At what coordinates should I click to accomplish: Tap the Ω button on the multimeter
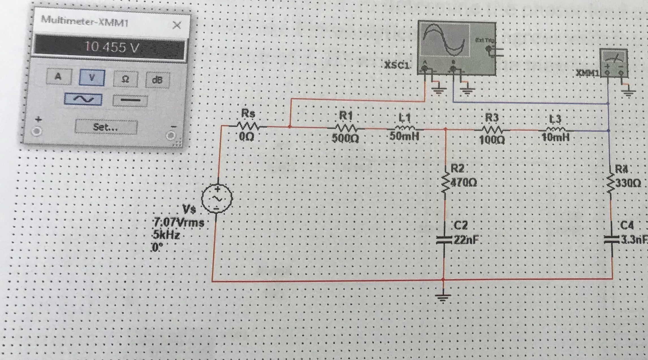pyautogui.click(x=125, y=79)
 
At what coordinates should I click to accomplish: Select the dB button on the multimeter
pyautogui.click(x=157, y=80)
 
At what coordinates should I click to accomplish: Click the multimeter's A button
pyautogui.click(x=59, y=77)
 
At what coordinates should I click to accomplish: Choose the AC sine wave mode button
pyautogui.click(x=83, y=99)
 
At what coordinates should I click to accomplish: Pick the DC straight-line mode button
pyautogui.click(x=130, y=100)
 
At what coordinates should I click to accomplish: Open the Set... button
pyautogui.click(x=106, y=127)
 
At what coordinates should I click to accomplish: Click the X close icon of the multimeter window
pyautogui.click(x=177, y=25)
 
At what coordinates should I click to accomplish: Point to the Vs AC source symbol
pyautogui.click(x=217, y=198)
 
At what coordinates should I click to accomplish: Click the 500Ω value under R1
pyautogui.click(x=345, y=138)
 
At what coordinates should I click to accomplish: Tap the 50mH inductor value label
pyautogui.click(x=404, y=136)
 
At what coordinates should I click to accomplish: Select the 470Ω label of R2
pyautogui.click(x=464, y=183)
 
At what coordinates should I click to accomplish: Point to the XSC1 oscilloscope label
pyautogui.click(x=396, y=66)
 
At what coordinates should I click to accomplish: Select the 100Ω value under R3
pyautogui.click(x=492, y=140)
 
